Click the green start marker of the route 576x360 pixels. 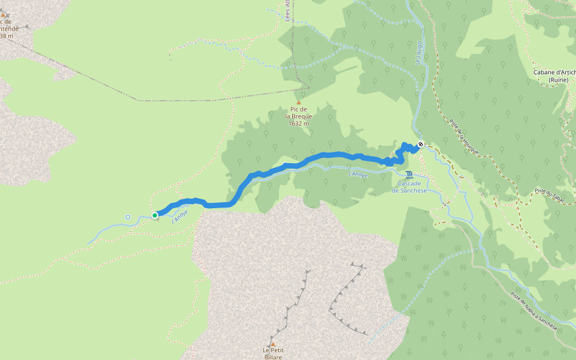point(155,215)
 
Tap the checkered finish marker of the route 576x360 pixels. point(421,144)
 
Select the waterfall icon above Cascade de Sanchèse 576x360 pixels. point(409,175)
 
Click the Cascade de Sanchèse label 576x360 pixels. point(409,187)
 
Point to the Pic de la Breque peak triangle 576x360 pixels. point(298,103)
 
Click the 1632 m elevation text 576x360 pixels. point(298,124)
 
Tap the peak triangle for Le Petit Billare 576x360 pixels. point(272,344)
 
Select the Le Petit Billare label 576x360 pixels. point(272,353)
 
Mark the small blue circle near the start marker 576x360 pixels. point(127,217)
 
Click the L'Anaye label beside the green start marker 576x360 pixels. point(180,216)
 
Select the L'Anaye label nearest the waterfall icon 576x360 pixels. point(358,174)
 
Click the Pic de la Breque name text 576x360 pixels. point(298,113)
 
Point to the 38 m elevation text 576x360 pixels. point(7,36)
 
